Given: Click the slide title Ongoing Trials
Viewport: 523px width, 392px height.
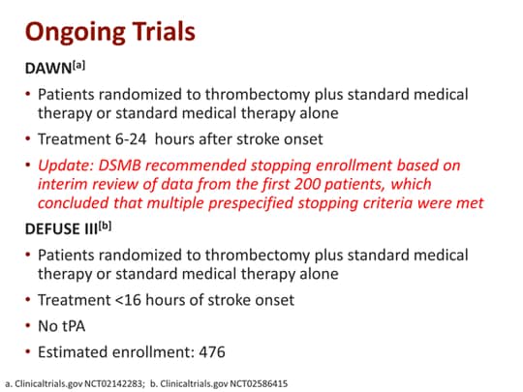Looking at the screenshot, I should click(x=109, y=32).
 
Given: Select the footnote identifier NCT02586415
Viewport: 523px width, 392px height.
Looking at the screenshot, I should click(x=253, y=382).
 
